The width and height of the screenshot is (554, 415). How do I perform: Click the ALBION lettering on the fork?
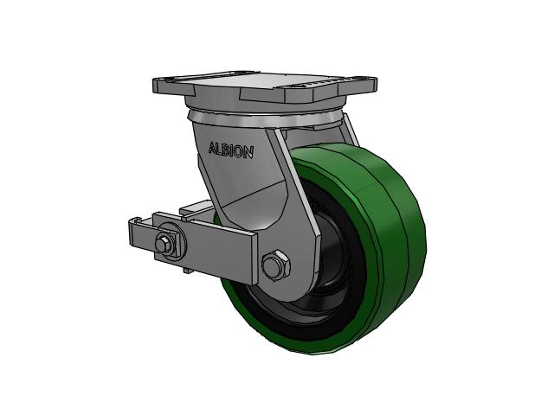231,150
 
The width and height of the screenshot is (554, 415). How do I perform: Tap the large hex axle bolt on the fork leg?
275,265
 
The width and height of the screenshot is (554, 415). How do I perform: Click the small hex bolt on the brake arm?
164,244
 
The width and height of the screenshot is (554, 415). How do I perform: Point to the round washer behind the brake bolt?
170,242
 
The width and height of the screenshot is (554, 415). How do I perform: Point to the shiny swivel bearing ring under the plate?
263,119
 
